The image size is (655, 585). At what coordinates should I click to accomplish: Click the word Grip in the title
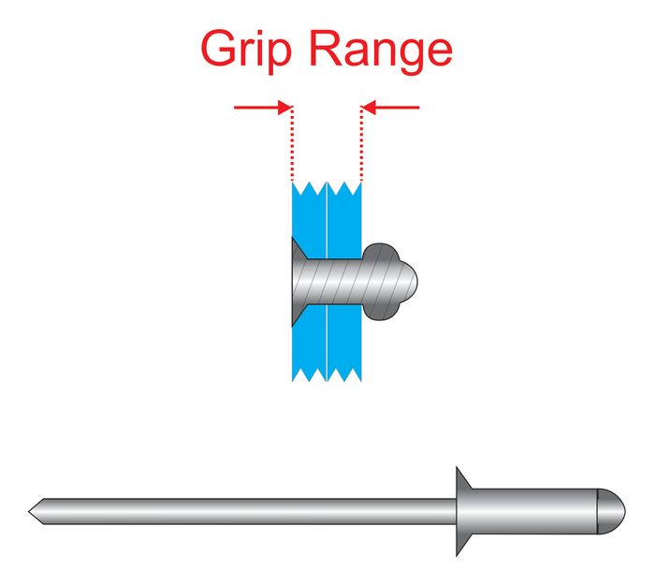[250, 51]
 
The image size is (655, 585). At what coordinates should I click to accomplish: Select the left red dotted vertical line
[293, 145]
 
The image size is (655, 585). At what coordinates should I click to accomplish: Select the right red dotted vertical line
[361, 145]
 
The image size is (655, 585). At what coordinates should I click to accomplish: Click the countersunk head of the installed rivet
[298, 280]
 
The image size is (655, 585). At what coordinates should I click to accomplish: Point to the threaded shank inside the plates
[337, 280]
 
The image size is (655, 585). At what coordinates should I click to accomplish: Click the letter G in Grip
[217, 51]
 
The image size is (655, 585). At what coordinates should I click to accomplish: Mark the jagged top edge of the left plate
[309, 188]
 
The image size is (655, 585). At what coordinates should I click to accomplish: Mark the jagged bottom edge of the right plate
[344, 374]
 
